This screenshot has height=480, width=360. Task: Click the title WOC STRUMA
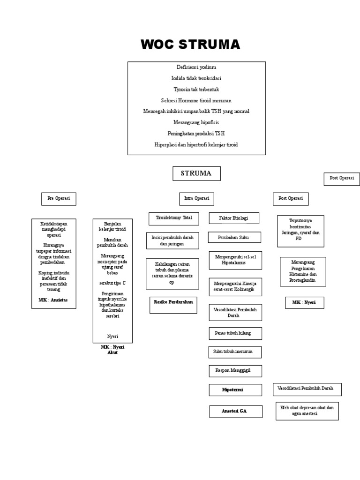click(x=190, y=45)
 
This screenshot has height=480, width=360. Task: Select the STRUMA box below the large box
click(x=196, y=173)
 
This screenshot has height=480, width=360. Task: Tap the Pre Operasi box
click(x=59, y=198)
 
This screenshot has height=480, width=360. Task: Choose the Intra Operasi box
click(x=196, y=198)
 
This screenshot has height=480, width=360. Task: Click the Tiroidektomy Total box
click(x=174, y=218)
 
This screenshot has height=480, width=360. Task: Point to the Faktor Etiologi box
click(x=233, y=218)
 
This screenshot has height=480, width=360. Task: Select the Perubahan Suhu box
click(x=233, y=238)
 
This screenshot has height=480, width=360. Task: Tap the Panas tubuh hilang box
click(x=235, y=333)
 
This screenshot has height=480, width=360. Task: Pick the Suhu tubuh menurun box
click(x=234, y=352)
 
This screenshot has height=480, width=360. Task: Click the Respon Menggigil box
click(x=235, y=370)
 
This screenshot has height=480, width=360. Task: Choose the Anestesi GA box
click(x=235, y=411)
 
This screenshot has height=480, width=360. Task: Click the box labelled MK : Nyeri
click(x=304, y=303)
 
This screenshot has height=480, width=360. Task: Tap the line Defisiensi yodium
click(x=196, y=67)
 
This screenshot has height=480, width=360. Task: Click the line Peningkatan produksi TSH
click(x=196, y=134)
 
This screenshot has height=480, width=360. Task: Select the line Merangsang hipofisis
click(x=196, y=122)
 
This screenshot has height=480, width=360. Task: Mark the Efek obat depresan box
click(x=307, y=411)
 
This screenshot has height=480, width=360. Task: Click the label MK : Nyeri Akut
click(x=112, y=350)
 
